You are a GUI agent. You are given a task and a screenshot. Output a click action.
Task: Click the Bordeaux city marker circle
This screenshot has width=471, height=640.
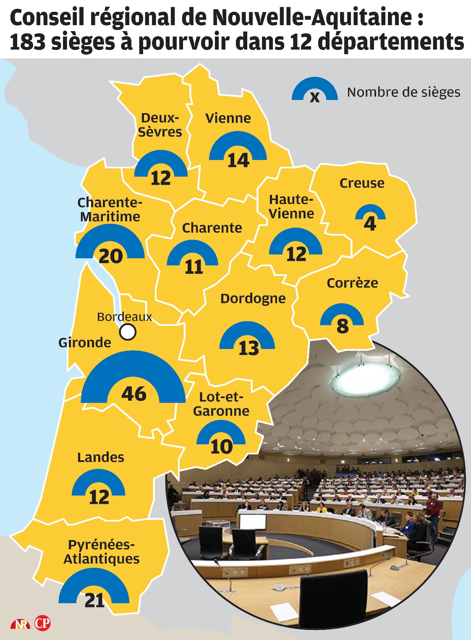point(128,332)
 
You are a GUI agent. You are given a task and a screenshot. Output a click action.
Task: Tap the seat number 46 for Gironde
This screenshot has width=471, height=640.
point(134,393)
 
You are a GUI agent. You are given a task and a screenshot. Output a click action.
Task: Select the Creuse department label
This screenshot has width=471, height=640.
point(361,183)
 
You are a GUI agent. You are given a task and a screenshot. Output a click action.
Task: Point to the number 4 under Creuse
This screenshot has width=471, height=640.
point(370,223)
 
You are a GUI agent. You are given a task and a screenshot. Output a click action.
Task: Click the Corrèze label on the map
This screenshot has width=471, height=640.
point(352,283)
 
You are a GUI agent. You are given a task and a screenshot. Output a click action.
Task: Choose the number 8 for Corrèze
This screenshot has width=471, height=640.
point(343,326)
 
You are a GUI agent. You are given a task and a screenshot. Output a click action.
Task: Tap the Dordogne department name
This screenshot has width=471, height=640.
point(253,299)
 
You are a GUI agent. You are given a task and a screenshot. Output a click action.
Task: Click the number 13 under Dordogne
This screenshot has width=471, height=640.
point(249,348)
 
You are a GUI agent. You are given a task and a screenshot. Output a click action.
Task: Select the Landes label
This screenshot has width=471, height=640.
point(101,457)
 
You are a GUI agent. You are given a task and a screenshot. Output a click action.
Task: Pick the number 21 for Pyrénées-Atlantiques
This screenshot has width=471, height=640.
point(94,601)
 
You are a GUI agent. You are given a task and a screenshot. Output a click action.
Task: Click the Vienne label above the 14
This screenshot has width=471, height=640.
point(228,118)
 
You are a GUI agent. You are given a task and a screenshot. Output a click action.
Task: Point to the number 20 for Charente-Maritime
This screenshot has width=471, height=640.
point(110,256)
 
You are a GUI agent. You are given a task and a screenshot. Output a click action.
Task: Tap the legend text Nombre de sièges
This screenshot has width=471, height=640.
point(403,92)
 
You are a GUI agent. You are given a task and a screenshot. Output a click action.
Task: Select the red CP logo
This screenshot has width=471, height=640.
point(42,623)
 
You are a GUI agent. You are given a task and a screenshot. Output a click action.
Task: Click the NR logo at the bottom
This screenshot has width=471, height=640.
point(20,624)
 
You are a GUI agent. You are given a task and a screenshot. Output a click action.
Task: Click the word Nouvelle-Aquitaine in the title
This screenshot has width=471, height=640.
point(312,18)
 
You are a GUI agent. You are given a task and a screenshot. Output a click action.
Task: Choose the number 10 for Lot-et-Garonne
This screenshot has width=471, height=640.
point(221,446)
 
